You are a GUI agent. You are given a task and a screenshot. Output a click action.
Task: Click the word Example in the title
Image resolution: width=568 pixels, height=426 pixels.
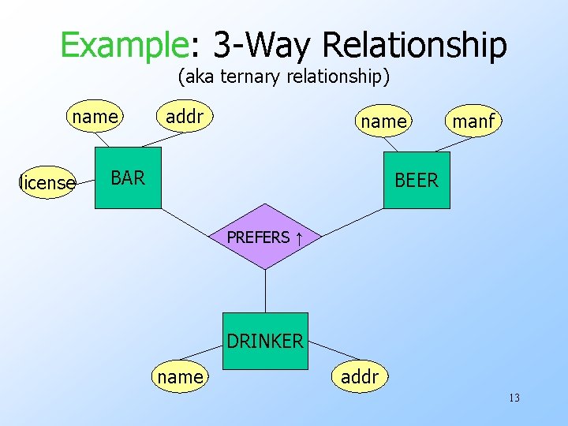(x=124, y=45)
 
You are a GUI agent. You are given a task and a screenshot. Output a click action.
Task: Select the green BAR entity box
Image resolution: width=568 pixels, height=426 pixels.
(x=127, y=177)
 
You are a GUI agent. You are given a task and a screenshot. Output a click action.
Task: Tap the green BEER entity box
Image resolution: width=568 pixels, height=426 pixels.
(x=416, y=180)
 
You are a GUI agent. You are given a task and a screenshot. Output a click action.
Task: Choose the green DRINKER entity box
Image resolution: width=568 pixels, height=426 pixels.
(x=265, y=341)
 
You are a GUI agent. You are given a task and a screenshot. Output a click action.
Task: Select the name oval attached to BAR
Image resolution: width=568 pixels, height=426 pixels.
(x=95, y=118)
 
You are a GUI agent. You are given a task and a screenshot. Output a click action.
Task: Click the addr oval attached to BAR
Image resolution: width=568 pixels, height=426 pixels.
(x=185, y=117)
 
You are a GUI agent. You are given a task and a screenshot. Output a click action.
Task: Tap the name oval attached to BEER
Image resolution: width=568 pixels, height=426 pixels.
(x=383, y=121)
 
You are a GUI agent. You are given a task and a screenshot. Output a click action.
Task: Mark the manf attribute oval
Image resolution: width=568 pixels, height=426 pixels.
(x=473, y=121)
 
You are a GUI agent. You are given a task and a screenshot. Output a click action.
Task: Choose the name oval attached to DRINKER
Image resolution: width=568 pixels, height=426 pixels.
(x=180, y=377)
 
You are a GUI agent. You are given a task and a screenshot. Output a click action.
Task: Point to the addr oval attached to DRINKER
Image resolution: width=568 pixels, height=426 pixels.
(x=359, y=377)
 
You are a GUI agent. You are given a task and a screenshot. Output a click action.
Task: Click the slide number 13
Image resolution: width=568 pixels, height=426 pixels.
(x=514, y=398)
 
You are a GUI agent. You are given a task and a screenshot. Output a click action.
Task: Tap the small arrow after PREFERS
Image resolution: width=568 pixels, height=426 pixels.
(x=300, y=237)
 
